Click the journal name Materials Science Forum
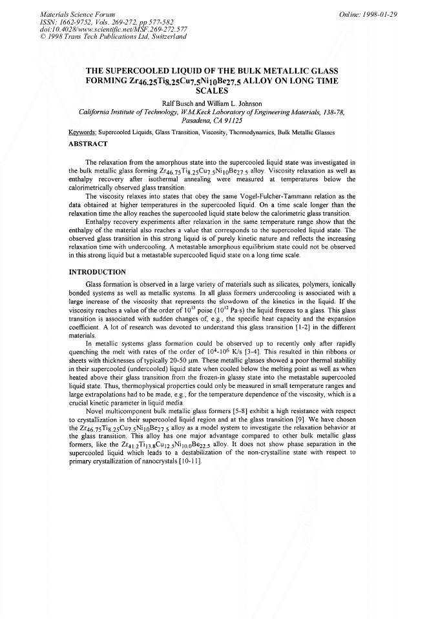pyautogui.click(x=68, y=14)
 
